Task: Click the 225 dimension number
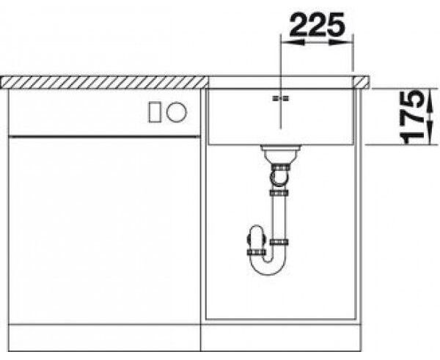point(317,24)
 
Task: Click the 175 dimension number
point(411,117)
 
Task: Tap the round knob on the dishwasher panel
point(176,111)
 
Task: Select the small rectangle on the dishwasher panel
point(155,112)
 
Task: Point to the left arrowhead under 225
point(293,43)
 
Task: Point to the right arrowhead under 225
point(341,43)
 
